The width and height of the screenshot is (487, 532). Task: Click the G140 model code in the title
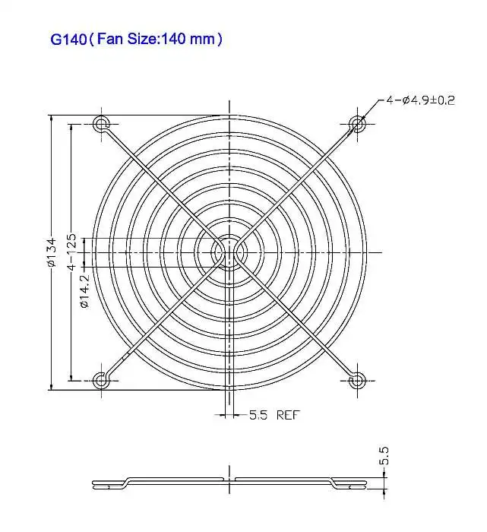pyautogui.click(x=68, y=39)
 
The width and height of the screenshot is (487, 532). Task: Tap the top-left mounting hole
pyautogui.click(x=100, y=124)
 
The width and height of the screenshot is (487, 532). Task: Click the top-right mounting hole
pyautogui.click(x=356, y=124)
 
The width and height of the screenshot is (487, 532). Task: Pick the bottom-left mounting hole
pyautogui.click(x=100, y=380)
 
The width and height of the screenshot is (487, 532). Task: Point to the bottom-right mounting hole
pyautogui.click(x=356, y=380)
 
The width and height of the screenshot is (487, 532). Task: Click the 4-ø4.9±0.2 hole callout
pyautogui.click(x=419, y=100)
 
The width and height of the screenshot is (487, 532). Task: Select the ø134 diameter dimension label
pyautogui.click(x=52, y=252)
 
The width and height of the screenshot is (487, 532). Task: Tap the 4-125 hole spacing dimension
pyautogui.click(x=71, y=252)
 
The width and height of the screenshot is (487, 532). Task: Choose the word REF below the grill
pyautogui.click(x=288, y=415)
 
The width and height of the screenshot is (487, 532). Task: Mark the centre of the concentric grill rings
pyautogui.click(x=228, y=252)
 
